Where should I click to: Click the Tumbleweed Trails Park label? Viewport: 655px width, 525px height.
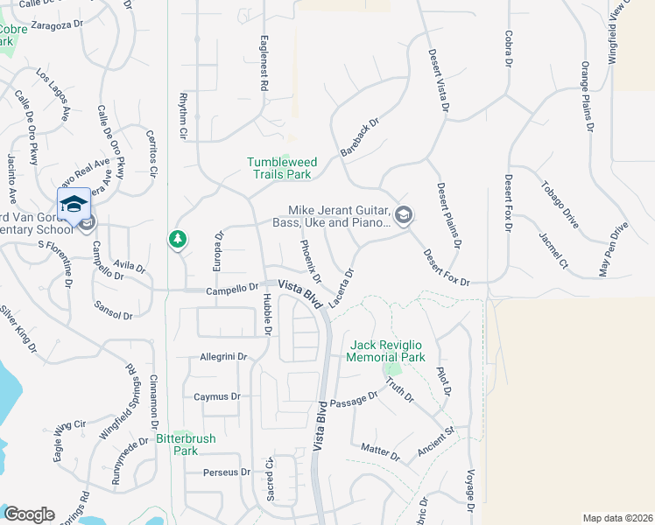[279, 168]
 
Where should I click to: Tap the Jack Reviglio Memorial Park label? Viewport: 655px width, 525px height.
[385, 352]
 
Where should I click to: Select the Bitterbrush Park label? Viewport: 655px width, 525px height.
[185, 444]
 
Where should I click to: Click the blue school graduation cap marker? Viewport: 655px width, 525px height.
[74, 205]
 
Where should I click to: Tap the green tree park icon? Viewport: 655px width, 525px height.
[178, 238]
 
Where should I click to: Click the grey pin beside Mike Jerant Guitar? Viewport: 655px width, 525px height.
[404, 215]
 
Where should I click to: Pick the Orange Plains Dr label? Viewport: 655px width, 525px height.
[588, 96]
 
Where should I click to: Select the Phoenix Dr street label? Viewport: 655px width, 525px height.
[311, 261]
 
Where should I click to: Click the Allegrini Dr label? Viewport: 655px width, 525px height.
[225, 357]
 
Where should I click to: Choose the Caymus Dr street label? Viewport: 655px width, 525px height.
[216, 396]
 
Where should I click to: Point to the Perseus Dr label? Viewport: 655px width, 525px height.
[227, 472]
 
